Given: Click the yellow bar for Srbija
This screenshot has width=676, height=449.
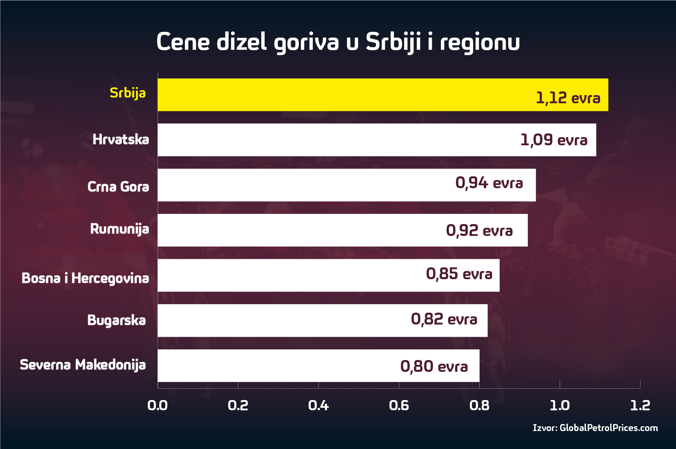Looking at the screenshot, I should tap(347, 95).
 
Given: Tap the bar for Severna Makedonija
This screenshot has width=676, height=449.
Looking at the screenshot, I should tap(278, 366).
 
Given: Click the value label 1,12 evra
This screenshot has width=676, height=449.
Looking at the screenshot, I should tap(568, 98).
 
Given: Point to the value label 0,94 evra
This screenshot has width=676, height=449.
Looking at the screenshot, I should tap(489, 183).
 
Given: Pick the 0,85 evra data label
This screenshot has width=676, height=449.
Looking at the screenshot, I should tap(459, 274).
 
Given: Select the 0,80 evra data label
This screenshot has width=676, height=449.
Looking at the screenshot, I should tap(434, 367).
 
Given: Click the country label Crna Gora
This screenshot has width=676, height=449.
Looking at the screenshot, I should tap(118, 187).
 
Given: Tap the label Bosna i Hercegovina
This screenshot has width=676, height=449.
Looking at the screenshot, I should tap(85, 278).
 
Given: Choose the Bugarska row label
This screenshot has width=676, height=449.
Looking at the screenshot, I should tap(116, 320).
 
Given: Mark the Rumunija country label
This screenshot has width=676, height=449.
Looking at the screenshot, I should tap(120, 229).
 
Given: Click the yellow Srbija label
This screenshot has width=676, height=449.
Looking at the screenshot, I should tap(127, 93).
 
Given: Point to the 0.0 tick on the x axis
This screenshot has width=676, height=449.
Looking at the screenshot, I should tap(158, 405).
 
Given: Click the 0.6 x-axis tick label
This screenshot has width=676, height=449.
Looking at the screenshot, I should tap(399, 405).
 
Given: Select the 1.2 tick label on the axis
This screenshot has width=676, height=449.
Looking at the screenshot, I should tap(640, 405).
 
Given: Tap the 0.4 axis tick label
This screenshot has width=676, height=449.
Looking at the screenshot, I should tap(318, 405).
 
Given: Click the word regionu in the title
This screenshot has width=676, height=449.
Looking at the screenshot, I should tap(480, 42).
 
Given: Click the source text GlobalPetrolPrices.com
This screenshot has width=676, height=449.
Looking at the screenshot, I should tap(608, 428).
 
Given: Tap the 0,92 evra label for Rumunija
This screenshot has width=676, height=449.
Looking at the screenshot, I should tap(479, 231).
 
